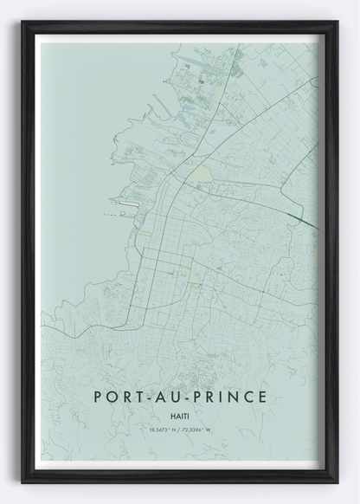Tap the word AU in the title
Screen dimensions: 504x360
[x=173, y=398]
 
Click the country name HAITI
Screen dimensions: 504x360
[x=180, y=416]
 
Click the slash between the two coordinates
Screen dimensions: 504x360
[x=180, y=429]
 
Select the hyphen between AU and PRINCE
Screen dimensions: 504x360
[x=192, y=399]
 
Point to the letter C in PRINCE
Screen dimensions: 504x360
[x=249, y=398]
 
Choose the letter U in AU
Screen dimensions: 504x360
[x=180, y=398]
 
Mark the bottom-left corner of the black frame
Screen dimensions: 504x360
[x=23, y=481]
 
